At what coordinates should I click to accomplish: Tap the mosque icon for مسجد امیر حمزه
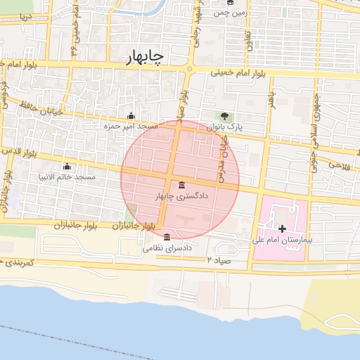[x=130, y=116]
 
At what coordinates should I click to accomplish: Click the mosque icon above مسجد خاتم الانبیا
[x=67, y=166]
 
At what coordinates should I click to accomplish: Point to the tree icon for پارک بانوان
[x=224, y=116]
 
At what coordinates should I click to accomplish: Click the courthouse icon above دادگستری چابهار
[x=183, y=186]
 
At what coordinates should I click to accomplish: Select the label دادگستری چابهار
[x=183, y=197]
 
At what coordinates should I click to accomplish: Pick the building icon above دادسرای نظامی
[x=166, y=237]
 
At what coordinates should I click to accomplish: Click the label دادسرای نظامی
[x=167, y=248]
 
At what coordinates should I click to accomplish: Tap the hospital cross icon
[x=282, y=229]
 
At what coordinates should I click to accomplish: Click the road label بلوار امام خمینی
[x=240, y=72]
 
